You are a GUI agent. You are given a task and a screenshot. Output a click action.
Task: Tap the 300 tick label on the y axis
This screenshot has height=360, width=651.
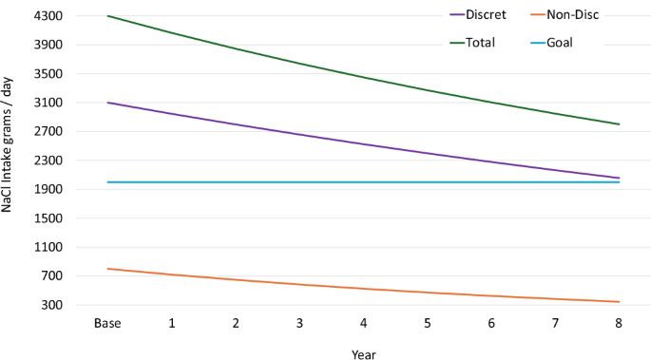click(53, 306)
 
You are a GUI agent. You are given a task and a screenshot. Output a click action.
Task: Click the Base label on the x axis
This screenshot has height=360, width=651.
click(107, 324)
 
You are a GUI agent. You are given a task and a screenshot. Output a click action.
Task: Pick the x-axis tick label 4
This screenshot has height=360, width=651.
click(364, 324)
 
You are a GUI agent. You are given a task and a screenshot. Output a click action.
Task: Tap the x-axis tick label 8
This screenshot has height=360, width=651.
click(620, 324)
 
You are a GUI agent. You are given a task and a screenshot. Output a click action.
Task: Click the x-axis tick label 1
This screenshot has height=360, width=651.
click(172, 324)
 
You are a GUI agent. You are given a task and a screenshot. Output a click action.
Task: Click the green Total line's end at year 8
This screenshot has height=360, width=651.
click(620, 124)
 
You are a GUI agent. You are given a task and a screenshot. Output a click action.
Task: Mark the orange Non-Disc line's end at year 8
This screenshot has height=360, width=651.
click(620, 302)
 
